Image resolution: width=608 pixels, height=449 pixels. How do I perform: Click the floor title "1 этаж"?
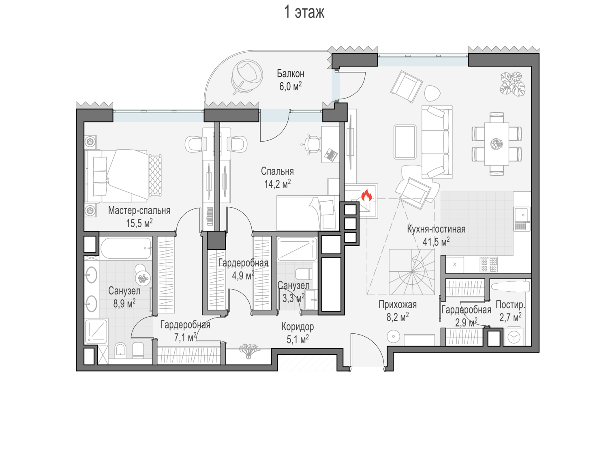pyautogui.click(x=304, y=12)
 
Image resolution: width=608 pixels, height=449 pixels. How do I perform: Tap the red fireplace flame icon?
pyautogui.click(x=366, y=195)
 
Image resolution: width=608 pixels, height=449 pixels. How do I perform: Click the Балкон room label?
pyautogui.click(x=290, y=73)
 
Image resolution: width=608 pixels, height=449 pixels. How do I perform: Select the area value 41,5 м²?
pyautogui.click(x=436, y=242)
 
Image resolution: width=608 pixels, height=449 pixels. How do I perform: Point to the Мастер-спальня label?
pyautogui.click(x=139, y=211)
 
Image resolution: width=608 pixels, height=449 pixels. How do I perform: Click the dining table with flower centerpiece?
pyautogui.click(x=497, y=144)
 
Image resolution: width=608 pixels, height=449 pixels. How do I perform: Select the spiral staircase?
pyautogui.click(x=412, y=272)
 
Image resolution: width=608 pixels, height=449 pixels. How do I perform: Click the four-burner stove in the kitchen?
pyautogui.click(x=489, y=264)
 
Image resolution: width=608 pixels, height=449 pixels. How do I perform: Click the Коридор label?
pyautogui.click(x=298, y=327)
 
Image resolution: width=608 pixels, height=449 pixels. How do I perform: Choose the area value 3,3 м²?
pyautogui.click(x=293, y=298)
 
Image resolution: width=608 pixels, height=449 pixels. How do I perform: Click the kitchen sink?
pyautogui.click(x=522, y=219)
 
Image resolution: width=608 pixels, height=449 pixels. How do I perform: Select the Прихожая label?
pyautogui.click(x=398, y=305)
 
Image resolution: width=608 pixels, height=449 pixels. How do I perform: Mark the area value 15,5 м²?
pyautogui.click(x=139, y=223)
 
